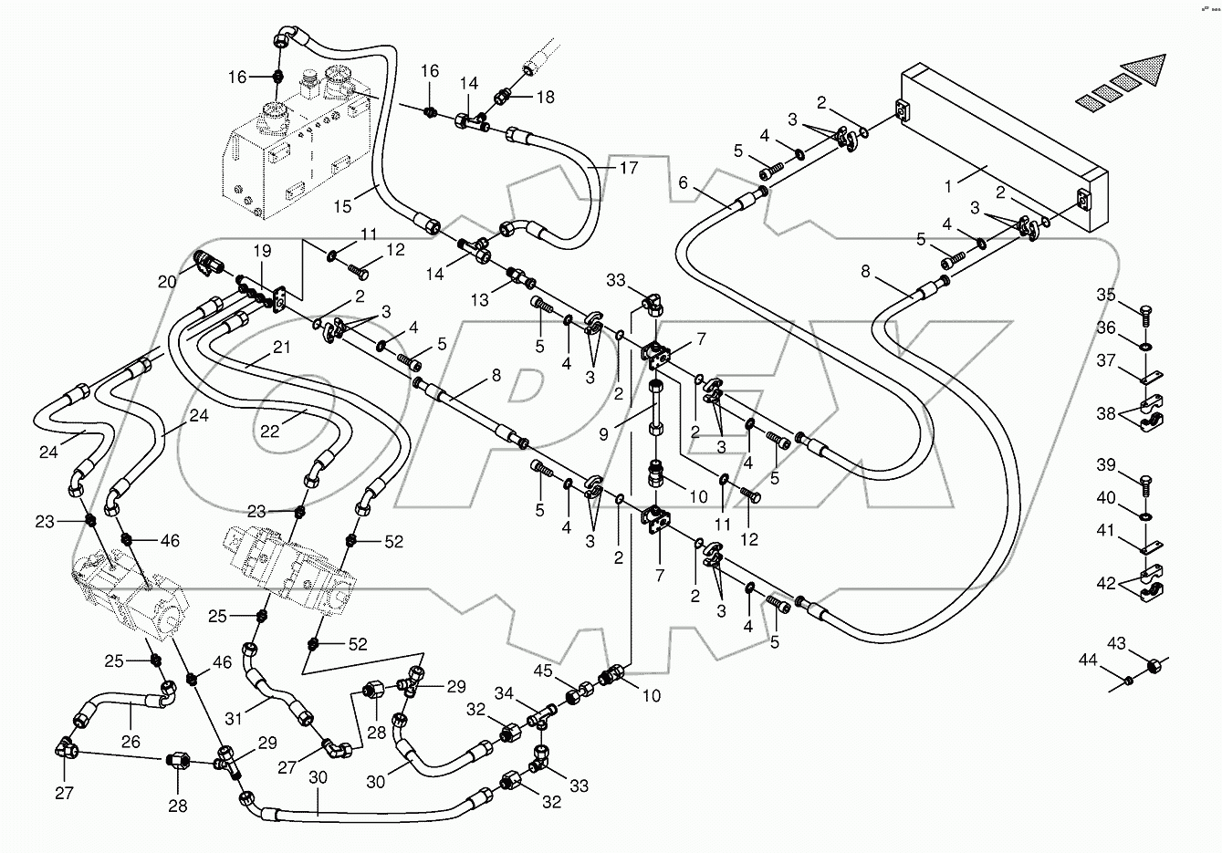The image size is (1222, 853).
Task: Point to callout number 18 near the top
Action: pos(545,97)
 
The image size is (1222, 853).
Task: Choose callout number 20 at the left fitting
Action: pos(167,283)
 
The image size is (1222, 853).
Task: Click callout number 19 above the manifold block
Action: pos(262,250)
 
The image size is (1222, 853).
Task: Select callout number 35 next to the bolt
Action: pos(1105,295)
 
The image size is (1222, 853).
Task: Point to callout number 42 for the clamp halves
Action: pos(1105,583)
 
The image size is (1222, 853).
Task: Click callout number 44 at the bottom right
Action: pos(1087,659)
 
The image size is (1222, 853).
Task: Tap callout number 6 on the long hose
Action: pos(683,183)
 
